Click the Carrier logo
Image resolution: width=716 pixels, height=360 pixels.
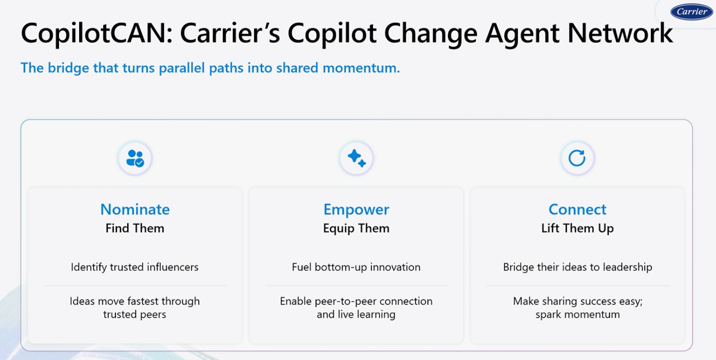click(x=691, y=12)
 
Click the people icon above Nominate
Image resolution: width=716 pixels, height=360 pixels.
click(x=135, y=158)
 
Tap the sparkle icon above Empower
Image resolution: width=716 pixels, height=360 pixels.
click(x=356, y=158)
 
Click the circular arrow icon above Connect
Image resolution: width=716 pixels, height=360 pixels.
click(x=577, y=158)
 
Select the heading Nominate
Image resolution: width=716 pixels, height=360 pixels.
click(x=135, y=209)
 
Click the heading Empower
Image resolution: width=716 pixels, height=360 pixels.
click(x=356, y=209)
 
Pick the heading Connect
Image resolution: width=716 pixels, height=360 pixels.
click(x=577, y=209)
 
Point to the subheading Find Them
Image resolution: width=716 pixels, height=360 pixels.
click(x=135, y=228)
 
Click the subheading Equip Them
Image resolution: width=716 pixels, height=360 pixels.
click(x=356, y=228)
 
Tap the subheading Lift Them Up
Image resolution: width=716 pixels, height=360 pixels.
click(x=577, y=228)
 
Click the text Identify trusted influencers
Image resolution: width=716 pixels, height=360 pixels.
click(x=135, y=267)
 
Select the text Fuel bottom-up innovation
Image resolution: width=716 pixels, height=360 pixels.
click(x=356, y=267)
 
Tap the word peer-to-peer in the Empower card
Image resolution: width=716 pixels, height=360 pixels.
click(x=340, y=301)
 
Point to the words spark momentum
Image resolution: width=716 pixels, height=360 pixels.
click(x=577, y=314)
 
